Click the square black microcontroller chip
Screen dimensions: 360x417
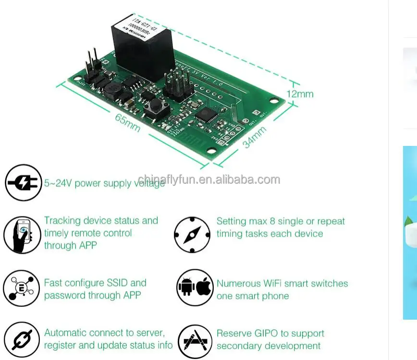(x=208, y=114)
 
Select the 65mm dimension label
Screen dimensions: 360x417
(x=127, y=122)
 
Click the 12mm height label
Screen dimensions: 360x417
(x=300, y=94)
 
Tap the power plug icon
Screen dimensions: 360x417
(x=24, y=183)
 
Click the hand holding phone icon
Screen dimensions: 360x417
(x=22, y=235)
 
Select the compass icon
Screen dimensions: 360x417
(x=192, y=235)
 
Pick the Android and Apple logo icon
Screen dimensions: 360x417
(x=195, y=288)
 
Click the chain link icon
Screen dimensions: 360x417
(x=22, y=340)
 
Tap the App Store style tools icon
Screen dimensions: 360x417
(x=195, y=341)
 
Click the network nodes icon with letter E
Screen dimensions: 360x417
(x=22, y=288)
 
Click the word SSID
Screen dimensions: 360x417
(x=113, y=283)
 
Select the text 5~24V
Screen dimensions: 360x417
(x=58, y=183)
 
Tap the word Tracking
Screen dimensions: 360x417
(x=62, y=221)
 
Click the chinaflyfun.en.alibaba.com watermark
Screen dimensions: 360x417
(x=208, y=180)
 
